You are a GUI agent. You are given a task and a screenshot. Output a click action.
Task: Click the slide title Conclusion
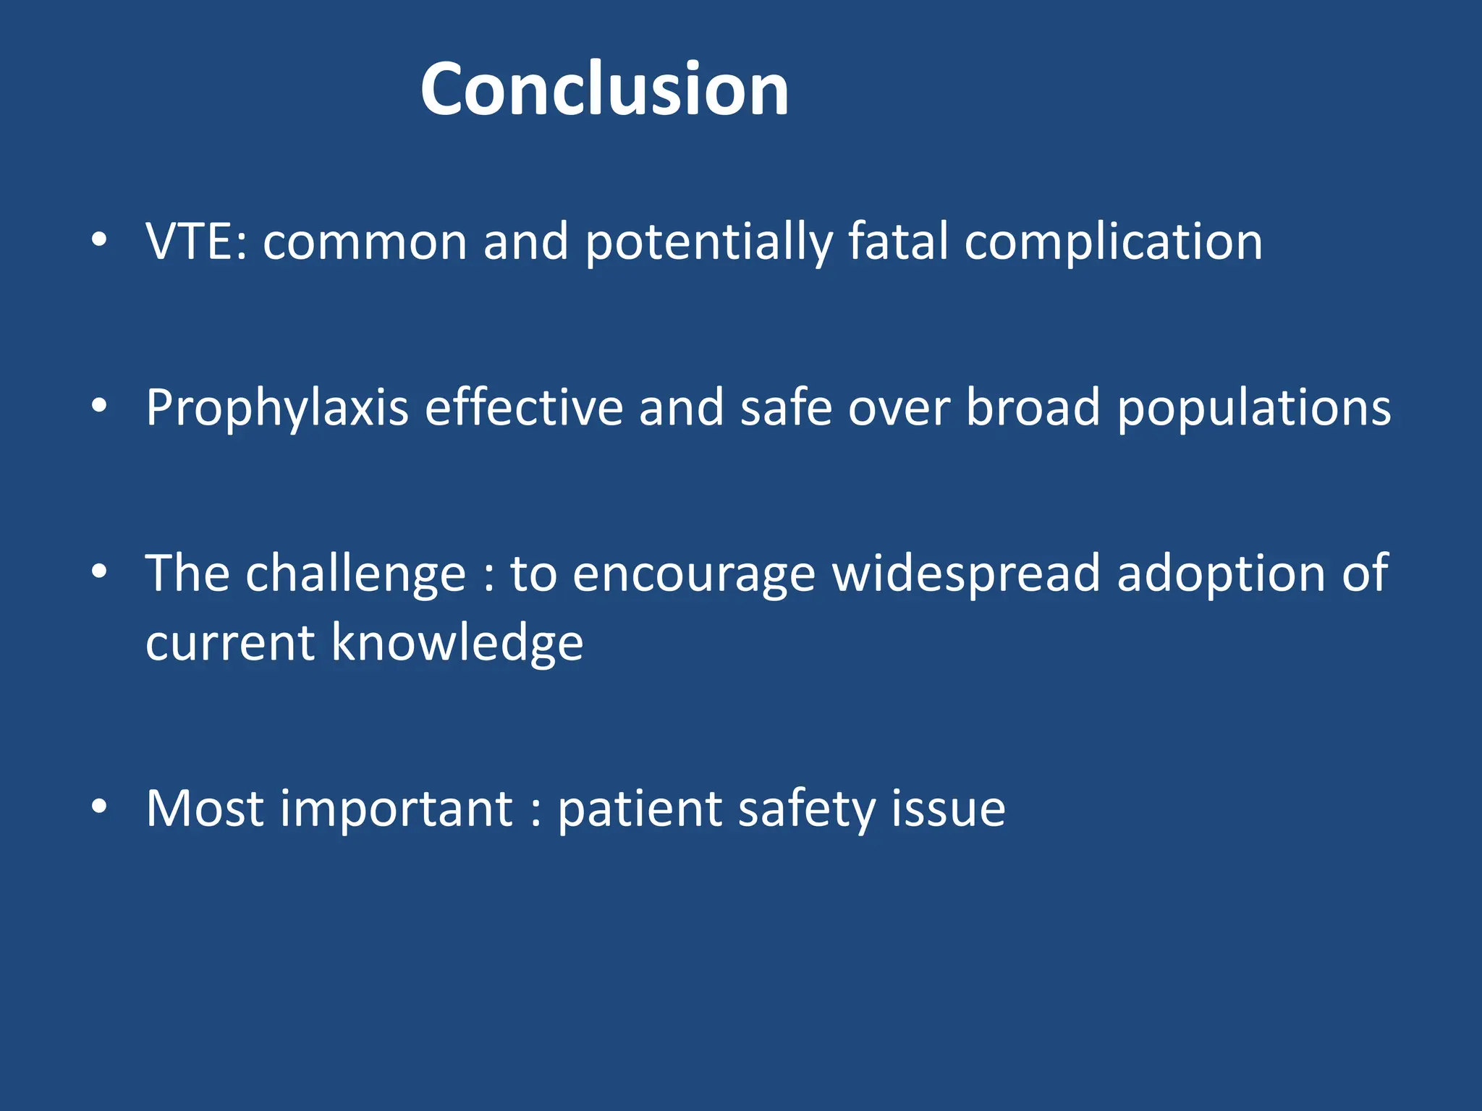coord(604,88)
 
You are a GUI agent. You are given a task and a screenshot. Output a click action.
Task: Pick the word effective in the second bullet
coord(523,408)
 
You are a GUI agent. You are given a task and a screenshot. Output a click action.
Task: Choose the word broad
coord(1033,408)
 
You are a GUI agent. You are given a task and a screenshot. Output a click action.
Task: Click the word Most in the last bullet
coord(204,809)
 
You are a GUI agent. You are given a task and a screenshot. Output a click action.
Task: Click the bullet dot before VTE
coord(99,240)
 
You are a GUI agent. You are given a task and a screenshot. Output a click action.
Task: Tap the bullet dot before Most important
coord(99,806)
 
